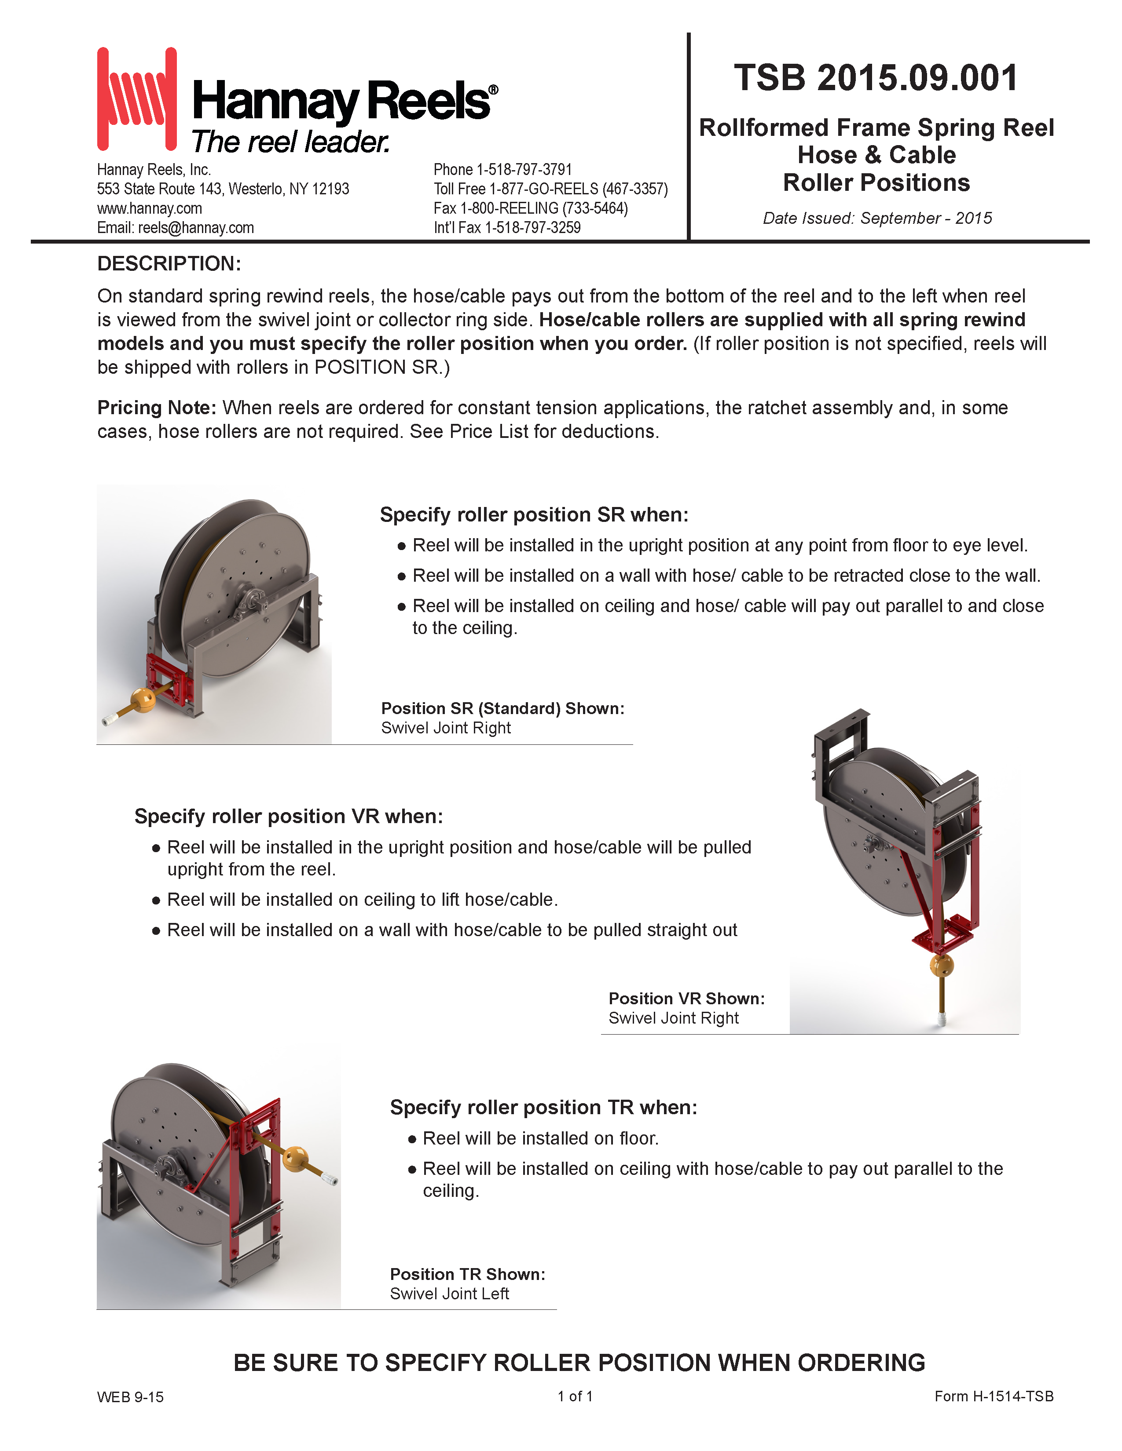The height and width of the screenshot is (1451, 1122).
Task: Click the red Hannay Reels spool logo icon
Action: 137,98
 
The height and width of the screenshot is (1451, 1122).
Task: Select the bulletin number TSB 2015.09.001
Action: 876,78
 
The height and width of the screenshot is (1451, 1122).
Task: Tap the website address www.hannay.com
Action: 150,208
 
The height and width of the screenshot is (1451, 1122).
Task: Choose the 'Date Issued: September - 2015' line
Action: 877,218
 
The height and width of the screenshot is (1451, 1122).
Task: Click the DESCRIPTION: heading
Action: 169,264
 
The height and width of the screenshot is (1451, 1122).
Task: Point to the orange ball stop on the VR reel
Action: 941,965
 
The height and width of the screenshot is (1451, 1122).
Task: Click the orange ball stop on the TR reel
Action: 295,1159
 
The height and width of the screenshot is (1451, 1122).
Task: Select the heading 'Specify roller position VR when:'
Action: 289,816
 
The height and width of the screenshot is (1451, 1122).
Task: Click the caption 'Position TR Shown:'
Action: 467,1274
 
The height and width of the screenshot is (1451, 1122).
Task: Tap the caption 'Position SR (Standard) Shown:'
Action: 502,708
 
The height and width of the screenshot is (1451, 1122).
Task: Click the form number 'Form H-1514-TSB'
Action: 994,1396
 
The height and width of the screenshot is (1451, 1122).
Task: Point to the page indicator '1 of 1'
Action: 575,1396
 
